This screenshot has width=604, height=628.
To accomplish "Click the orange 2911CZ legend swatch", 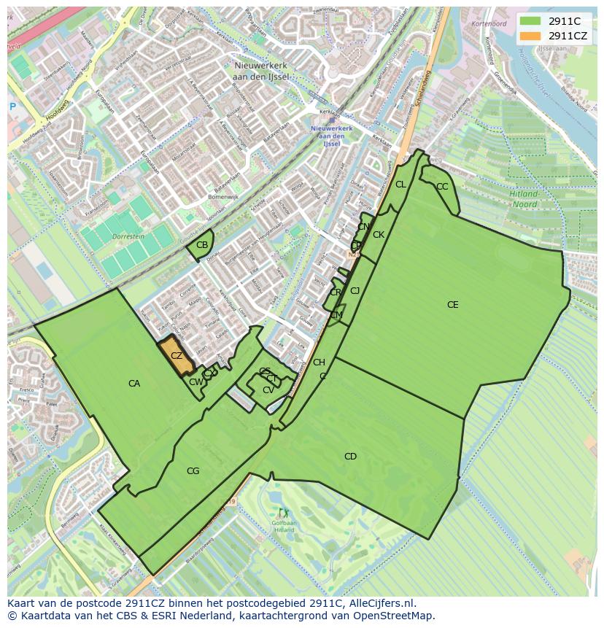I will pyautogui.click(x=531, y=36).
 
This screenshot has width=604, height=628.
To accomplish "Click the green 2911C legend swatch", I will pyautogui.click(x=531, y=21).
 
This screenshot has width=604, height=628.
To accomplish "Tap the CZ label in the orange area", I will pyautogui.click(x=177, y=356).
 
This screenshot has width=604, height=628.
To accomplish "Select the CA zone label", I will pyautogui.click(x=134, y=384).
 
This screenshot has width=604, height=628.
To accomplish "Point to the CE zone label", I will pyautogui.click(x=453, y=305).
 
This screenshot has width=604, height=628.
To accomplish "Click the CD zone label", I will pyautogui.click(x=350, y=457).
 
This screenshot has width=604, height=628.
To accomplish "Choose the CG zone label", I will pyautogui.click(x=193, y=471).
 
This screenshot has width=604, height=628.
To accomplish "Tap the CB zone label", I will pyautogui.click(x=202, y=244).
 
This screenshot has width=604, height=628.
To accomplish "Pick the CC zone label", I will pyautogui.click(x=442, y=187).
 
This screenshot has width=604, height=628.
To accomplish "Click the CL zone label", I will pyautogui.click(x=400, y=185).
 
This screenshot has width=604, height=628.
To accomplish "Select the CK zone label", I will pyautogui.click(x=379, y=235).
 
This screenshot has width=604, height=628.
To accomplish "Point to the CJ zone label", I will pyautogui.click(x=355, y=291).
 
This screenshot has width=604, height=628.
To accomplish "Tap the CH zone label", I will pyautogui.click(x=319, y=363).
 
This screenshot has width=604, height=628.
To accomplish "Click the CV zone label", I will pyautogui.click(x=268, y=390).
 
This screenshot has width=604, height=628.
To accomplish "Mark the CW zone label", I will pyautogui.click(x=195, y=382).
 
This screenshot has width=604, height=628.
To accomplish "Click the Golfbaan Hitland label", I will pyautogui.click(x=284, y=526).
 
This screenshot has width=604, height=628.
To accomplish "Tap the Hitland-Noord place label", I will pyautogui.click(x=524, y=199).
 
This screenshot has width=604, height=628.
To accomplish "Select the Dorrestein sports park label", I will pyautogui.click(x=128, y=237).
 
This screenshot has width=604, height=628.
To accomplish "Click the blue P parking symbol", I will pyautogui.click(x=12, y=107).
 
